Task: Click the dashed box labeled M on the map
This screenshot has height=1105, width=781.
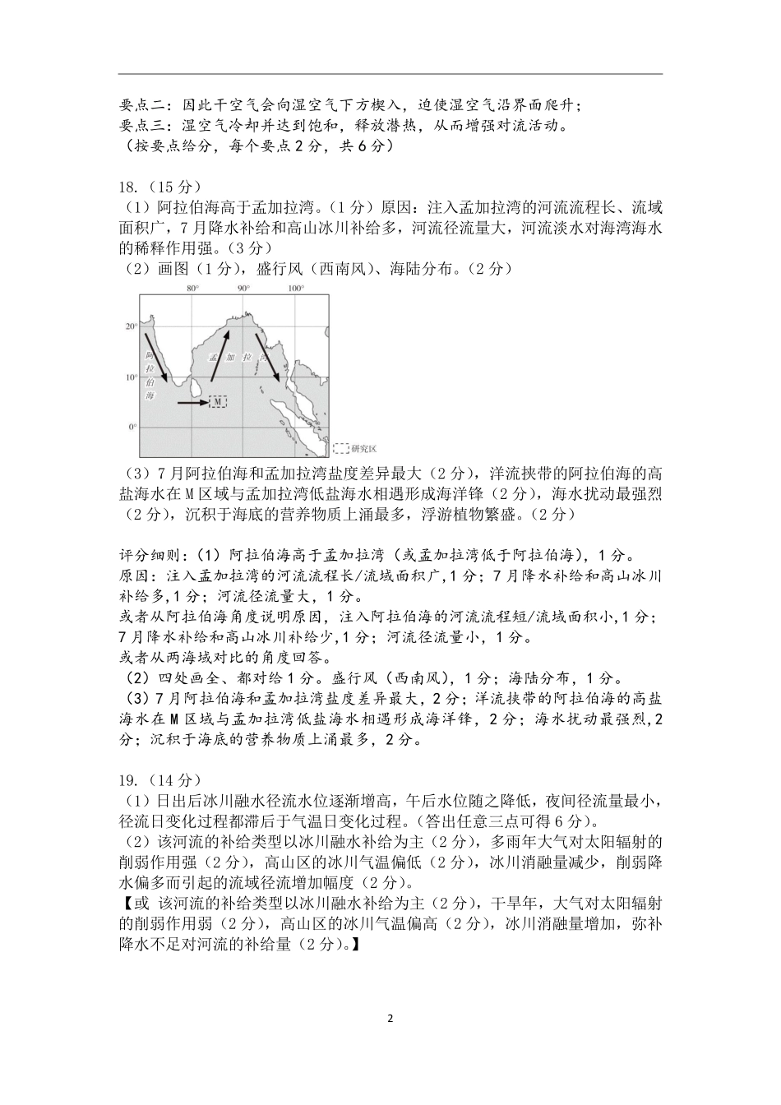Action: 218,402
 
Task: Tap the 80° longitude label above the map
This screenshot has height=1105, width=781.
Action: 193,289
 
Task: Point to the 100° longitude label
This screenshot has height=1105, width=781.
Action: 296,289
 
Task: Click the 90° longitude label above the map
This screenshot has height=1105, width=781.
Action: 243,289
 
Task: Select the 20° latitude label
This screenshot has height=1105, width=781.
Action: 131,326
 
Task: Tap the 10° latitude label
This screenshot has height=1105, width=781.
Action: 131,377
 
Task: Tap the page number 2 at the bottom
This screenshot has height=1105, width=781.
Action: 390,1018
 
